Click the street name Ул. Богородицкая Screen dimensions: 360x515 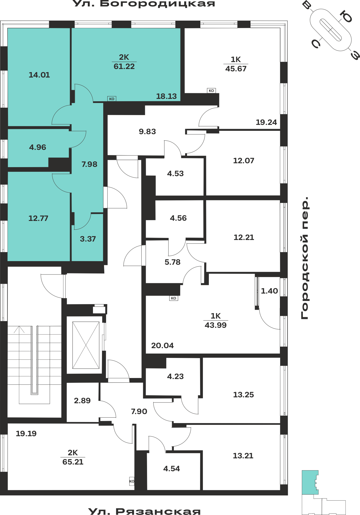tap(144, 4)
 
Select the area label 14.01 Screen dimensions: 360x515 tap(39, 75)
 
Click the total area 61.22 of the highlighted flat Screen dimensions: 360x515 tap(124, 66)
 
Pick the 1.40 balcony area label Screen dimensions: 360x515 tap(269, 291)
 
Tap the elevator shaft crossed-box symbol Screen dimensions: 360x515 tap(86, 345)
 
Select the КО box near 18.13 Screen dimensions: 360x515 tap(112, 99)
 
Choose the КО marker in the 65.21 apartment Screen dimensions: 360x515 tap(132, 481)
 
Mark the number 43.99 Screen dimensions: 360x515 tap(216, 325)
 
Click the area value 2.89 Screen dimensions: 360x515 tap(82, 401)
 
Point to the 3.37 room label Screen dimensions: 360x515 tap(88, 239)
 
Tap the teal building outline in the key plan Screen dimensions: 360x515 tap(310, 482)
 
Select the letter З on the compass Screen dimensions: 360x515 tap(355, 55)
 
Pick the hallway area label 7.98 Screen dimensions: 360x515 tap(89, 164)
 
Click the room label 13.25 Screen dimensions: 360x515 tap(243, 395)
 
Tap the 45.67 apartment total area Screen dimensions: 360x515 tap(236, 69)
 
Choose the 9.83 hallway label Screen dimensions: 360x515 tap(147, 132)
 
